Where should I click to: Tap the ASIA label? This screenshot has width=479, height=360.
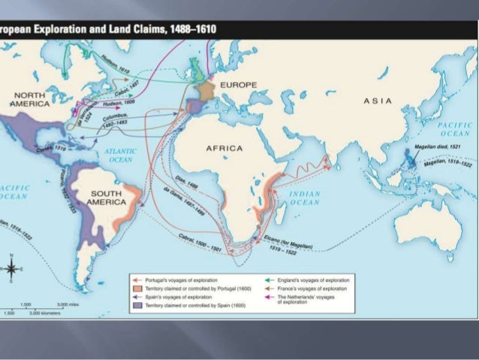[377, 101]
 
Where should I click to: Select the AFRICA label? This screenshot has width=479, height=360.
[224, 148]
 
